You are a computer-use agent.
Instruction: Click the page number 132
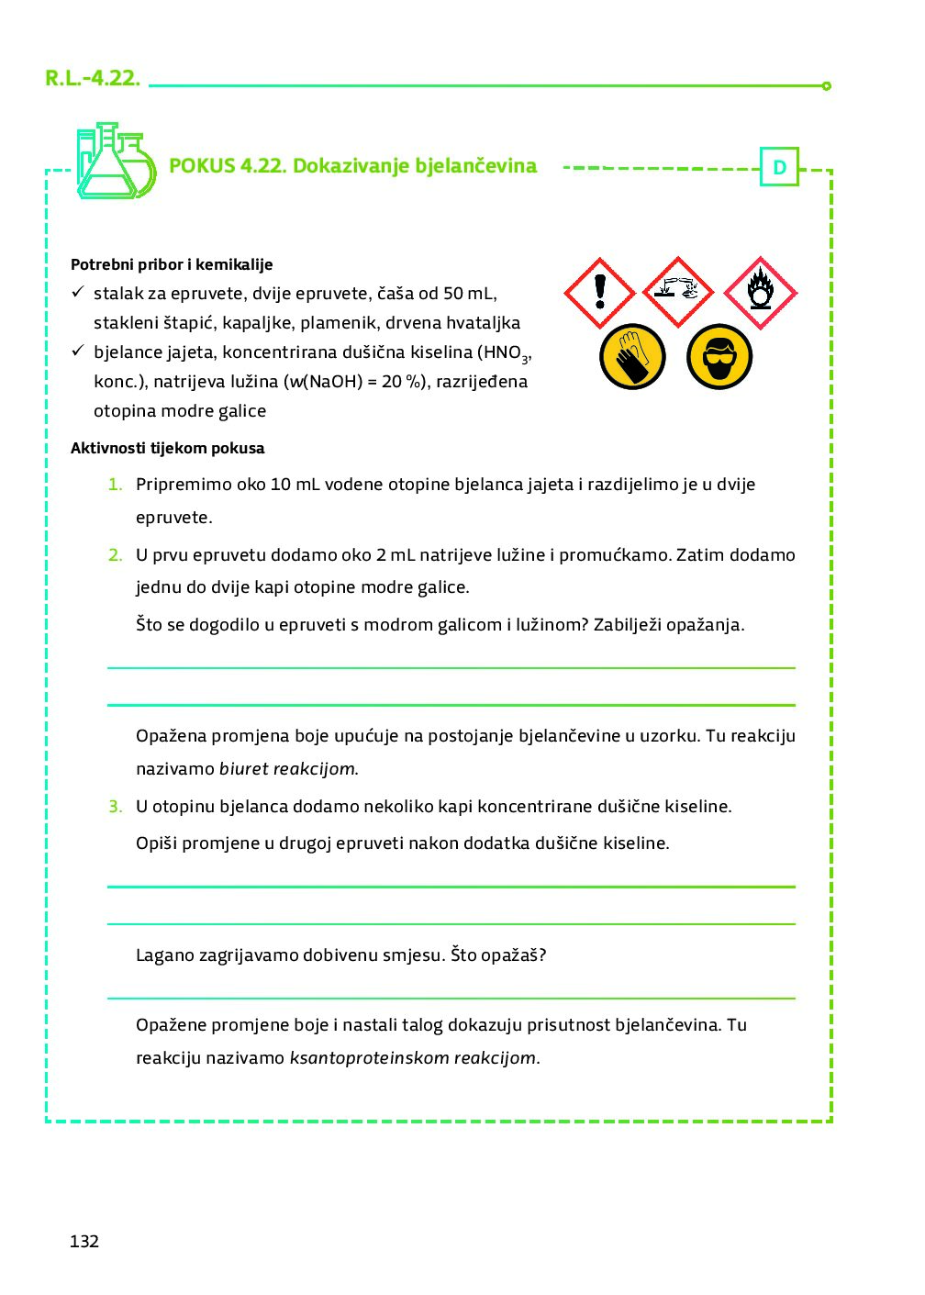pos(84,1241)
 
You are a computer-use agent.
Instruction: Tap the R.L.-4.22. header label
pos(93,78)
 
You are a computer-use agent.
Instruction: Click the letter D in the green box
pos(779,167)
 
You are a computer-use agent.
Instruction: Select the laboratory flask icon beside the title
pos(114,162)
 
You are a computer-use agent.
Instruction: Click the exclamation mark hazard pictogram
pos(599,293)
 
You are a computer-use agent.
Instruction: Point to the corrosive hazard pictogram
pos(678,292)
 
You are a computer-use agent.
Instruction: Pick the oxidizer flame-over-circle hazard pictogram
pos(760,293)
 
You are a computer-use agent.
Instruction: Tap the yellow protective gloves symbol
pos(632,356)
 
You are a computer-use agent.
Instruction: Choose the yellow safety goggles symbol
pos(719,356)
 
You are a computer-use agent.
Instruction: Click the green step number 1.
pos(115,485)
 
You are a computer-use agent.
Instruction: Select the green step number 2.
pos(115,555)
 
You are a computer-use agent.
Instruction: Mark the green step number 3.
pos(115,807)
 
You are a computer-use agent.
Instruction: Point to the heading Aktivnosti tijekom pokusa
pos(167,449)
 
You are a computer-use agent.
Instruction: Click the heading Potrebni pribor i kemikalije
pos(172,264)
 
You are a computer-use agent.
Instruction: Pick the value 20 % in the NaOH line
pos(405,382)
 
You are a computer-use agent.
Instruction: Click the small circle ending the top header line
pos(827,86)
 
